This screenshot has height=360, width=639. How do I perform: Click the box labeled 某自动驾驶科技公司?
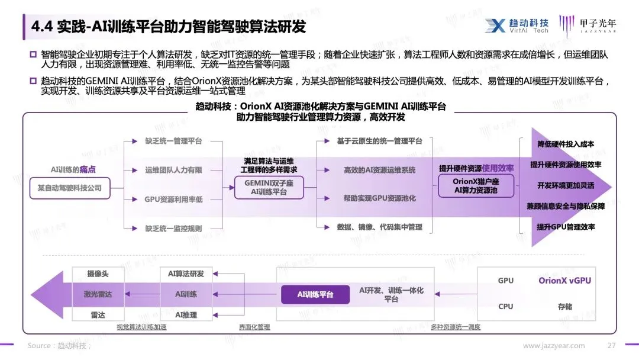click(70, 188)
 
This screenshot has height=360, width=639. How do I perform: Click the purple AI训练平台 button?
click(315, 294)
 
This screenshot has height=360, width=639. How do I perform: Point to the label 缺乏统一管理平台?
click(174, 142)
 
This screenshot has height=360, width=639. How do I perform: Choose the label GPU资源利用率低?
click(174, 200)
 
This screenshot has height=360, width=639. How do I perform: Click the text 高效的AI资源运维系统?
click(379, 171)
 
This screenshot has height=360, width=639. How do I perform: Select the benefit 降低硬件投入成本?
click(566, 144)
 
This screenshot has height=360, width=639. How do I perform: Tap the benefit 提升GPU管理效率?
click(566, 227)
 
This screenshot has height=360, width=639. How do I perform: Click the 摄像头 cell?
click(98, 274)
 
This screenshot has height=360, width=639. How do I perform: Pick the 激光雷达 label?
click(98, 294)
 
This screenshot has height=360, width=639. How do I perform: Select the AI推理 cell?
click(186, 314)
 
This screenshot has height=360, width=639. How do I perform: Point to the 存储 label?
click(564, 307)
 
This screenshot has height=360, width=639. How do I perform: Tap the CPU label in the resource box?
click(506, 307)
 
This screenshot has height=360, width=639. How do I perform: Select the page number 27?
click(612, 346)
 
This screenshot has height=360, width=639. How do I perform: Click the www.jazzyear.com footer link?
click(554, 346)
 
